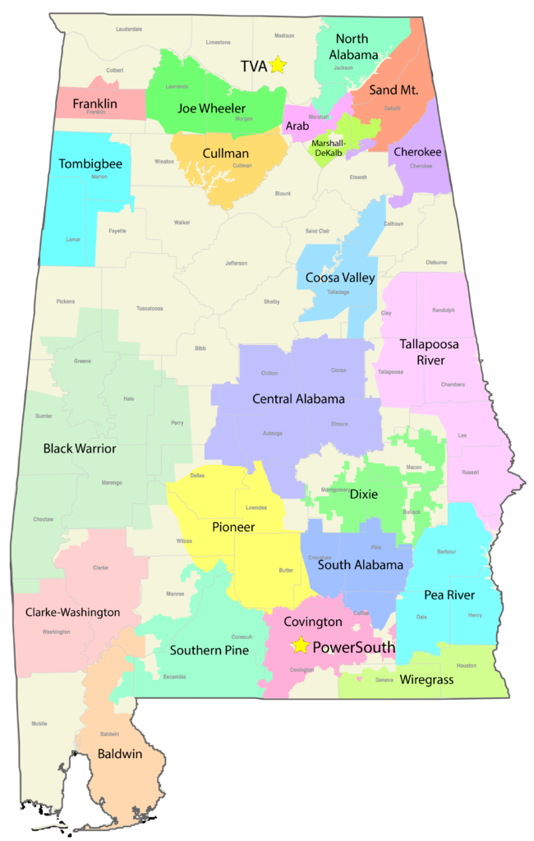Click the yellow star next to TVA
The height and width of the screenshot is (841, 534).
pyautogui.click(x=278, y=65)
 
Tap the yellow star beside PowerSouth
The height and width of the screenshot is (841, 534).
pyautogui.click(x=301, y=646)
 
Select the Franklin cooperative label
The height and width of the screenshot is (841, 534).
pyautogui.click(x=94, y=103)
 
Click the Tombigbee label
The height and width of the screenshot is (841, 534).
pyautogui.click(x=90, y=163)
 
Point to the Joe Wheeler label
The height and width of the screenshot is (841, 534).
pyautogui.click(x=211, y=108)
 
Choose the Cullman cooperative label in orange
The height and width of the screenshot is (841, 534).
pyautogui.click(x=226, y=153)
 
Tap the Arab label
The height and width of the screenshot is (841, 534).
pyautogui.click(x=297, y=126)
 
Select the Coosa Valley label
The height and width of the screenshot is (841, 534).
pyautogui.click(x=340, y=278)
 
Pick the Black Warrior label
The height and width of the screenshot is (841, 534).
pyautogui.click(x=80, y=448)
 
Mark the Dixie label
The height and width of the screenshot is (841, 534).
pyautogui.click(x=364, y=494)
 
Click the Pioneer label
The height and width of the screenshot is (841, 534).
pyautogui.click(x=233, y=526)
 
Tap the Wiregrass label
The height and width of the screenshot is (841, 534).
pyautogui.click(x=426, y=680)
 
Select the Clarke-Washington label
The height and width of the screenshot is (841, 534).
pyautogui.click(x=72, y=612)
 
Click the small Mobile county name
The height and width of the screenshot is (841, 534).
pyautogui.click(x=39, y=724)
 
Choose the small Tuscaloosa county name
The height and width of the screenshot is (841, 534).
pyautogui.click(x=150, y=309)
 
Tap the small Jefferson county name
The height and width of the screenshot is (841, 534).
pyautogui.click(x=236, y=263)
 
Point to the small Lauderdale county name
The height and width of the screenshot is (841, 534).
pyautogui.click(x=129, y=29)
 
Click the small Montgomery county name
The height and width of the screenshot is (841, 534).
pyautogui.click(x=334, y=489)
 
